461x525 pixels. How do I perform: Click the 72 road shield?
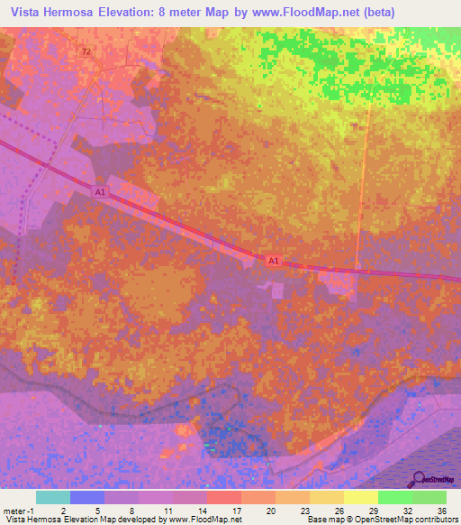click(86, 51)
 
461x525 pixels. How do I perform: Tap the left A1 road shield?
click(100, 192)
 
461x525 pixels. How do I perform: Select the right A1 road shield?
click(275, 261)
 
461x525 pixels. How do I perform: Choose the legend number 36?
click(441, 510)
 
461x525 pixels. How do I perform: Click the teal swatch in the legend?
click(52, 497)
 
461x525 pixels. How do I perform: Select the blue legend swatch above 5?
click(86, 497)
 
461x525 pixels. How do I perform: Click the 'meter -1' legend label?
click(16, 510)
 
